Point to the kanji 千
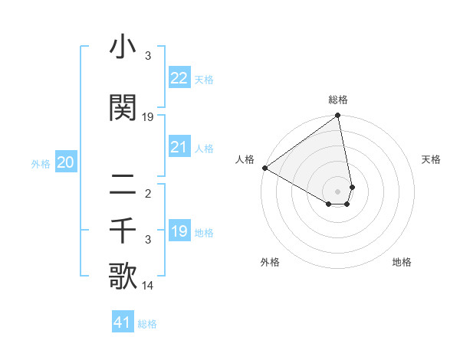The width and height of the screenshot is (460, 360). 123,231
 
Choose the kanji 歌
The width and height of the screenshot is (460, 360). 123,277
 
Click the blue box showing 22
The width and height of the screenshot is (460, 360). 179,78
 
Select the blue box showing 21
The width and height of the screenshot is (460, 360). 179,147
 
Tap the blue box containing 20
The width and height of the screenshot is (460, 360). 66,162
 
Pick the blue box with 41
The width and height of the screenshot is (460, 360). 123,322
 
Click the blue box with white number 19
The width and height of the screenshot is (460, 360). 179,231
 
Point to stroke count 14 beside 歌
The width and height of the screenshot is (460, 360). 149,286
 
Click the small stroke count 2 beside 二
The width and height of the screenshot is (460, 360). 148,193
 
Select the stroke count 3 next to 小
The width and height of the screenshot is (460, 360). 148,56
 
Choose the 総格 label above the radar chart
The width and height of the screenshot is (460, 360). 338,100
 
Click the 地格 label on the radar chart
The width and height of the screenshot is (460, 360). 402,262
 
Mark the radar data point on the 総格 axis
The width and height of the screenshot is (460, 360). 337,116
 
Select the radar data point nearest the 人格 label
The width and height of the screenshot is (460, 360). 264,168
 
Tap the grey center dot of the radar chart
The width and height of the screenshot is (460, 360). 337,191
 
